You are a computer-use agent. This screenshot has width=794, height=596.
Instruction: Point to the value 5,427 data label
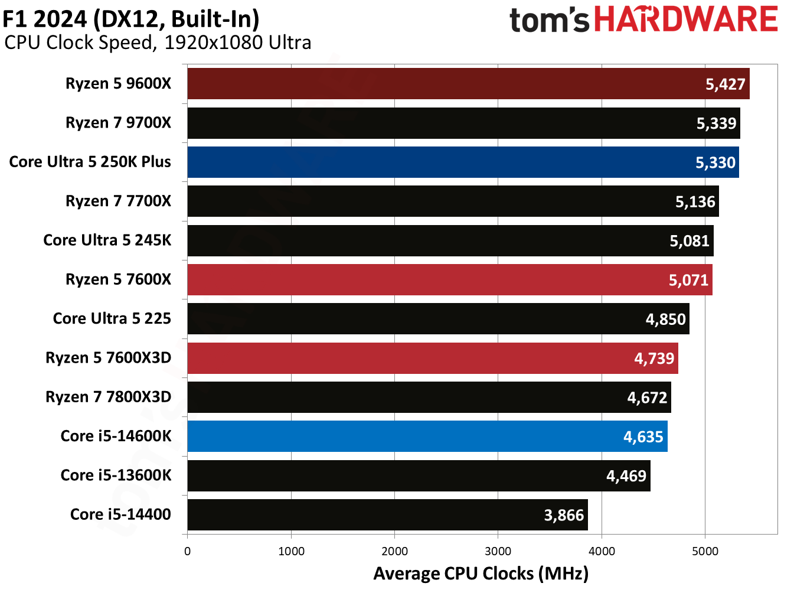pos(726,84)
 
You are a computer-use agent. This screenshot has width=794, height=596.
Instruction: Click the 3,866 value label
pos(564,516)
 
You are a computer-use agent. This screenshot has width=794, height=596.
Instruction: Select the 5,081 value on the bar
pos(689,241)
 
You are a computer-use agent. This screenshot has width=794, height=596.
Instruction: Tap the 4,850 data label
pos(665,320)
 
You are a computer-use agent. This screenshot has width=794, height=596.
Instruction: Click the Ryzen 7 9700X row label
pos(118,123)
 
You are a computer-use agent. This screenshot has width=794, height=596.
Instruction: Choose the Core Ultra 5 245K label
pos(107,240)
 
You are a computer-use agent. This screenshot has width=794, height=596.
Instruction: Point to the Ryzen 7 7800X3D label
pos(108,397)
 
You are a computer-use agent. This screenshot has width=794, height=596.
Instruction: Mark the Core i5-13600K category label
pos(116,476)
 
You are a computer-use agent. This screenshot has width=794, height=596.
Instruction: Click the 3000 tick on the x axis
pos(498,552)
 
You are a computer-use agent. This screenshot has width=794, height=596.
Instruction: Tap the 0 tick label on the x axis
pos(188,552)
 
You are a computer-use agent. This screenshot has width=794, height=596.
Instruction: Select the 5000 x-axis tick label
pos(705,552)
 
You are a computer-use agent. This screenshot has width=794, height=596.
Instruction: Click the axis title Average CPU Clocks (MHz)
pos(481,574)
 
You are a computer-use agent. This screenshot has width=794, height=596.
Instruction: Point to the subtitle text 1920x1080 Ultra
pos(237,43)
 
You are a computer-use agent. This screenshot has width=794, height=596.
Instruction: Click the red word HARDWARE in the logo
pos(685,19)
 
